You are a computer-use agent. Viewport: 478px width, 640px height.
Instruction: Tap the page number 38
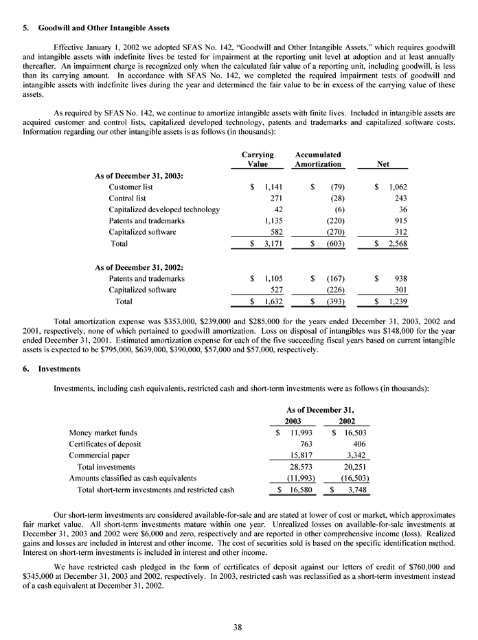[x=239, y=626]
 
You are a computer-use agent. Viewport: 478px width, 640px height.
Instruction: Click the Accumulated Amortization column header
[x=317, y=159]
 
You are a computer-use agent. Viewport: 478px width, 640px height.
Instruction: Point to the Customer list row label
[x=130, y=187]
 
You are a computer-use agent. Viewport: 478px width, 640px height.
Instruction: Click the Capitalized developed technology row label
[x=164, y=209]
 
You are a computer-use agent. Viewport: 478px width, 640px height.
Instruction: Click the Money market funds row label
[x=103, y=433]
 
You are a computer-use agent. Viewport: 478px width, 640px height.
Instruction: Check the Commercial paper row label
[x=99, y=455]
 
